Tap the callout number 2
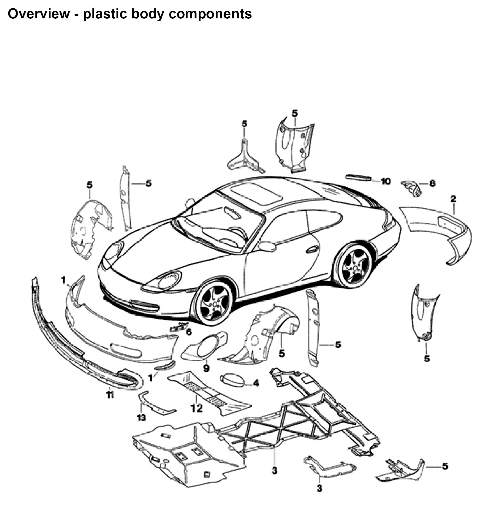(453, 199)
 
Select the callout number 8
(432, 184)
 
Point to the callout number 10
(385, 181)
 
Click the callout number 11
(109, 395)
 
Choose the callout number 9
(206, 368)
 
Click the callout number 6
(189, 332)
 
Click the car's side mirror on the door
(267, 246)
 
